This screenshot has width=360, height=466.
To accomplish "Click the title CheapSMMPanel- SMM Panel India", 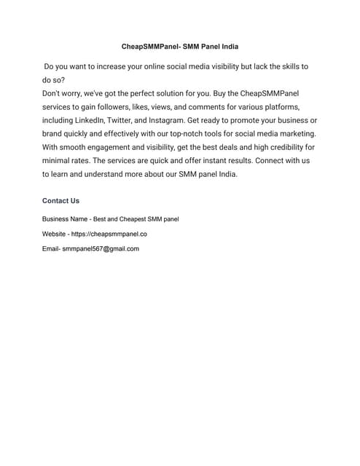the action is (179, 45).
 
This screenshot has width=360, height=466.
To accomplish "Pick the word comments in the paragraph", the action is (221, 107).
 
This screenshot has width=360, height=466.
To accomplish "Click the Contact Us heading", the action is (60, 200).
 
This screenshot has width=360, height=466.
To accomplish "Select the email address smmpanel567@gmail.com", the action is (101, 248).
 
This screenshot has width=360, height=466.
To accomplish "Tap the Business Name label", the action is (64, 218).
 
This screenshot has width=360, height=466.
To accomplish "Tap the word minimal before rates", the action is (59, 161).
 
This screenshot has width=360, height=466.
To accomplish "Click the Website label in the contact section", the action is (55, 234).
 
